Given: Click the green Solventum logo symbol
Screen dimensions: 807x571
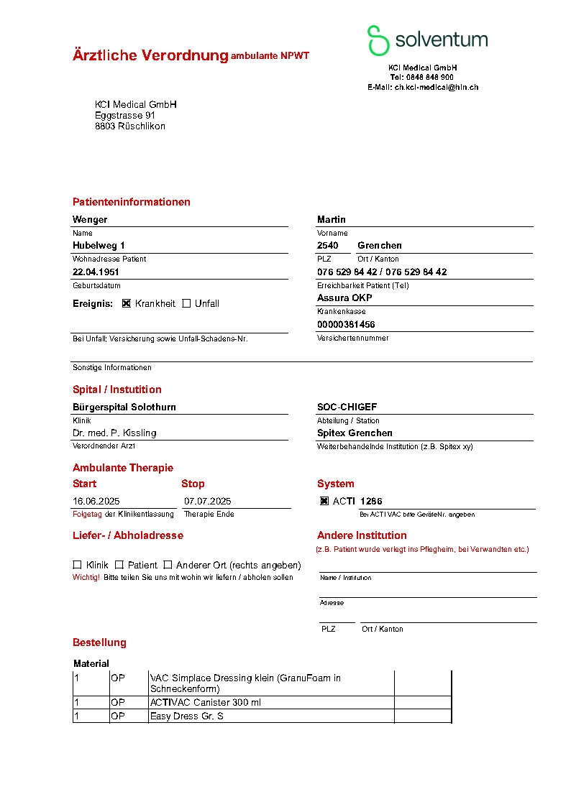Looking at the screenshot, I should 378,40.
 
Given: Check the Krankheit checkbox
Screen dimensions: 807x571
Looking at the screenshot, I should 127,303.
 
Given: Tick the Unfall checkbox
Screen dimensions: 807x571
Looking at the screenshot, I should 187,303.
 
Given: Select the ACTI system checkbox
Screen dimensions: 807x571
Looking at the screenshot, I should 324,501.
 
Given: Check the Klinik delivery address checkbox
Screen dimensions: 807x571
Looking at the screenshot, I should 77,565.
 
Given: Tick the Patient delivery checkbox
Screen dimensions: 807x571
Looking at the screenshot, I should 119,565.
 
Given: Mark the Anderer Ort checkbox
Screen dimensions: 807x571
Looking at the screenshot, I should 168,565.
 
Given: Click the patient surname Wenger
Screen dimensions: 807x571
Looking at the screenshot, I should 90,219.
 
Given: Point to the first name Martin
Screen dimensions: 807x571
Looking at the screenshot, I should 332,219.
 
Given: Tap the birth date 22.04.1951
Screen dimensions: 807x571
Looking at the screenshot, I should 96,272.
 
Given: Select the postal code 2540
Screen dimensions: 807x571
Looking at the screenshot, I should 328,246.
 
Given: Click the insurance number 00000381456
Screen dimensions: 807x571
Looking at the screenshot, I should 346,325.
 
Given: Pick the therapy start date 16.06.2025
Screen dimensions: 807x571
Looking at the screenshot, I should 96,501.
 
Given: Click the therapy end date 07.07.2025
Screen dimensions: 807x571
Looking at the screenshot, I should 208,501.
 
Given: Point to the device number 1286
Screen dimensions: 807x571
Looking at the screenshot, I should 371,501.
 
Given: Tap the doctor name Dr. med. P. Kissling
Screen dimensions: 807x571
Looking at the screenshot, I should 114,433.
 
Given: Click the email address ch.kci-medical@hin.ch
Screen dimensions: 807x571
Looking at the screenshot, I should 436,87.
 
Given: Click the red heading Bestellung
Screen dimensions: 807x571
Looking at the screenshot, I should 99,642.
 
